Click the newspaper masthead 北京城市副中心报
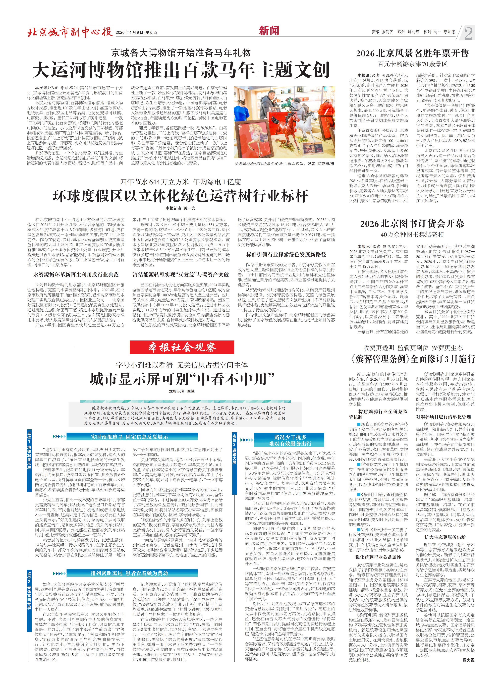tap(70, 32)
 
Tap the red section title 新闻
tap(269, 31)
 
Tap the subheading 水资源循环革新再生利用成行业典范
tap(76, 275)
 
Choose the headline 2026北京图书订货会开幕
tap(412, 224)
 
